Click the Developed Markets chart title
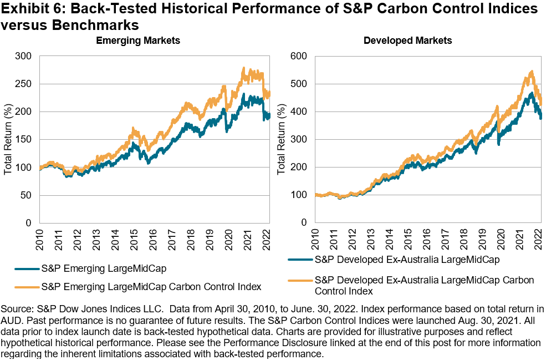pos(407,40)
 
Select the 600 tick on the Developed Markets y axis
pos(299,56)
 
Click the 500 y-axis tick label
pos(299,84)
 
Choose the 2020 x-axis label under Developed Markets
pos(500,237)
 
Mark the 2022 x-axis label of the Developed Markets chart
pos(537,237)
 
